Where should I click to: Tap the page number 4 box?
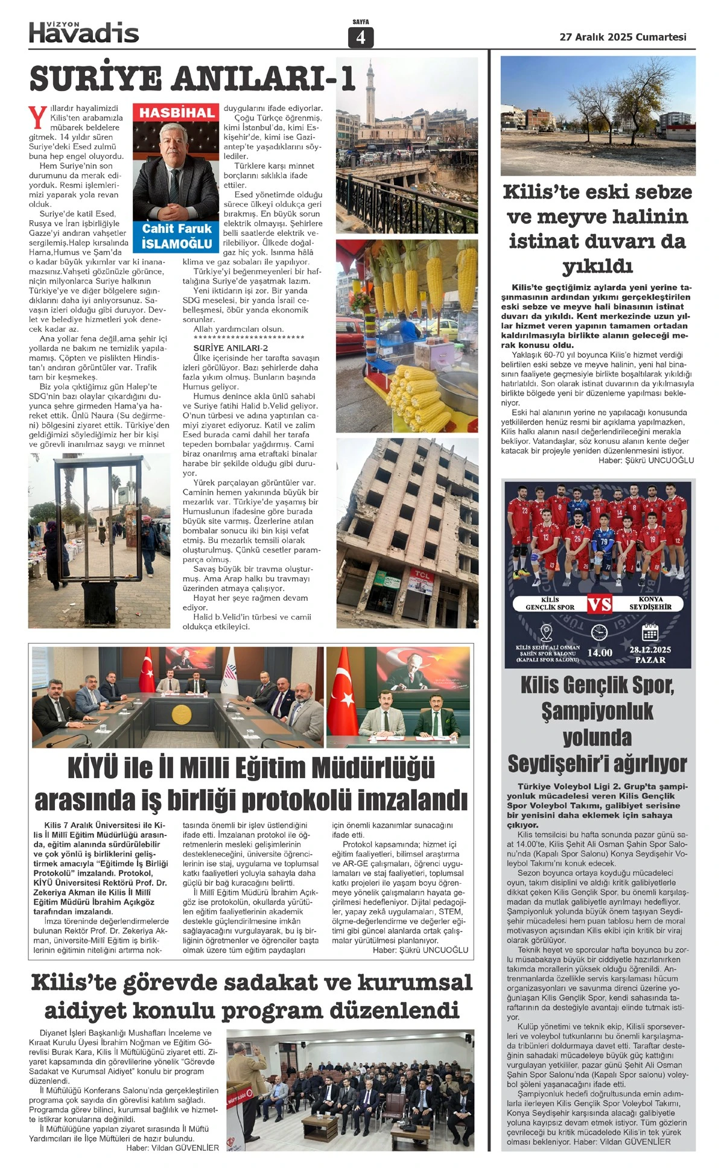pos(361,37)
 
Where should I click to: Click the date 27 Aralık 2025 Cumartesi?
pos(623,37)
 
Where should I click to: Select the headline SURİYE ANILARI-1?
pos(192,78)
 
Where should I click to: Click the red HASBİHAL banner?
pos(177,113)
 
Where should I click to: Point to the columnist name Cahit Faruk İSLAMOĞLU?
pos(177,236)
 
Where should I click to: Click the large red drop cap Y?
pos(37,118)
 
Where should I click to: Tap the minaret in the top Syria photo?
pos(370,90)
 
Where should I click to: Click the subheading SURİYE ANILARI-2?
pos(230,348)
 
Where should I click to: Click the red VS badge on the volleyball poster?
pos(599,604)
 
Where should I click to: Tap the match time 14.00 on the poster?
pos(599,653)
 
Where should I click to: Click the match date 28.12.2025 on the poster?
pos(650,650)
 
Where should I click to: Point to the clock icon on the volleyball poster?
pos(599,632)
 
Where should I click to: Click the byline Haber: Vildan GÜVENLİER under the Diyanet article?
pos(173,1148)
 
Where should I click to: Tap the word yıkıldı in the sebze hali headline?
pos(597,265)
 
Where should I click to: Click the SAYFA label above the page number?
pos(361,22)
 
